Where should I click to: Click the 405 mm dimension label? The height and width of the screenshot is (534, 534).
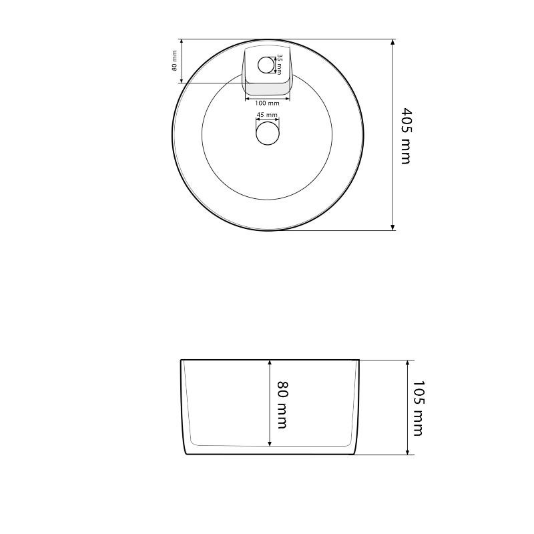[406, 136]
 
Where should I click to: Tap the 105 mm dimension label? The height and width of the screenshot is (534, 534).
[418, 408]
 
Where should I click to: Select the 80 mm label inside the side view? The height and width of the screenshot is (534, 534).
[282, 405]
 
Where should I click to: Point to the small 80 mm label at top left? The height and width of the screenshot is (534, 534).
[174, 61]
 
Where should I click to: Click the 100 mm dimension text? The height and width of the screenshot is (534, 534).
[267, 103]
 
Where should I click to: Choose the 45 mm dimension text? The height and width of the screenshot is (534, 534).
[267, 115]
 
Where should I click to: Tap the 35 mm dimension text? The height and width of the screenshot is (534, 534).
[279, 64]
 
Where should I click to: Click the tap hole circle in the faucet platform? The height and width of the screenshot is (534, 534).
[266, 65]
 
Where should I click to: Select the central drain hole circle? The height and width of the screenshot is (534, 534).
[268, 133]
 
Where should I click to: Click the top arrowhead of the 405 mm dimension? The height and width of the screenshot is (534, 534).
[392, 42]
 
